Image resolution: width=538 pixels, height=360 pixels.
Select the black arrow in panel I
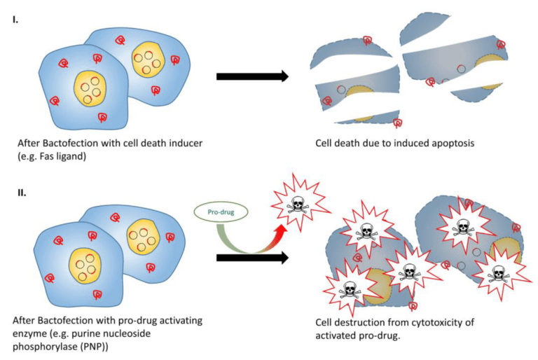point(252,76)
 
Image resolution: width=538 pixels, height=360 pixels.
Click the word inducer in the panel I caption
point(191,142)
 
